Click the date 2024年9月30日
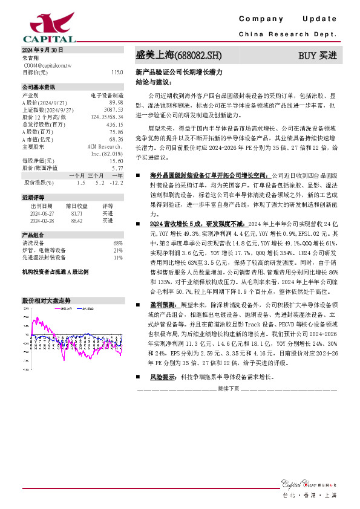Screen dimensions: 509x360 42,50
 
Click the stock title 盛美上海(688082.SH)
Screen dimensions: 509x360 178,56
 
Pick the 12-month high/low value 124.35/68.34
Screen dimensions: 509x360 107,116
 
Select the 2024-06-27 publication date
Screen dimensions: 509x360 39,213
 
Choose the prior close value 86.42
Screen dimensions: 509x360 77,221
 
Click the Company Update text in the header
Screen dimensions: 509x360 288,19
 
